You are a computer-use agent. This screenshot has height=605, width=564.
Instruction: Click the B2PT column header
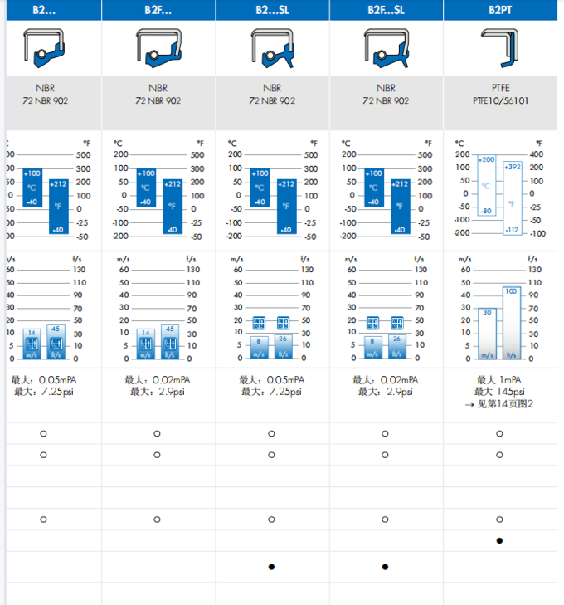pyautogui.click(x=499, y=10)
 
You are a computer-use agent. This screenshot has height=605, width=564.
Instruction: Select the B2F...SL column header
pyautogui.click(x=386, y=10)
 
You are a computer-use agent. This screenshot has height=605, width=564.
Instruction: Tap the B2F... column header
pyautogui.click(x=158, y=10)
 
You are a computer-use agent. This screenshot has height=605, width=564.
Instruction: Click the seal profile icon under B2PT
pyautogui.click(x=500, y=47)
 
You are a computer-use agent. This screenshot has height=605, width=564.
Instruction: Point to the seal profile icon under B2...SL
pyautogui.click(x=272, y=47)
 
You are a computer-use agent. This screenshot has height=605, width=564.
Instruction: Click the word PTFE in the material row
pyautogui.click(x=499, y=87)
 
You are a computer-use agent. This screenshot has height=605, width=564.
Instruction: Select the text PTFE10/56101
pyautogui.click(x=499, y=100)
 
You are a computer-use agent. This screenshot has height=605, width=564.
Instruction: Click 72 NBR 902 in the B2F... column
pyautogui.click(x=158, y=100)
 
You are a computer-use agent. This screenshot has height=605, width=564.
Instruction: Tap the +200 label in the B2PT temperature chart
pyautogui.click(x=487, y=159)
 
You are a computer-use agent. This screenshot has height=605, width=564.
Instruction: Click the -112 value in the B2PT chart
pyautogui.click(x=512, y=230)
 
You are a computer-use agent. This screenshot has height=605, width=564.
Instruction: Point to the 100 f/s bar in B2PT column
pyautogui.click(x=510, y=323)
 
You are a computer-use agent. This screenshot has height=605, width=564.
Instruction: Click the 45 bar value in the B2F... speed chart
pyautogui.click(x=169, y=329)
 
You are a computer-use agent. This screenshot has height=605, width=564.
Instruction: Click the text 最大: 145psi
pyautogui.click(x=499, y=392)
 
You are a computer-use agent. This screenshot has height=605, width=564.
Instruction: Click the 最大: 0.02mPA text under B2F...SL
pyautogui.click(x=386, y=379)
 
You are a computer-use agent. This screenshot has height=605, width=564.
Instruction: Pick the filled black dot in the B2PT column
pyautogui.click(x=499, y=540)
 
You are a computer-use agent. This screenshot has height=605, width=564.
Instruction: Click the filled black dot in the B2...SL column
pyautogui.click(x=271, y=567)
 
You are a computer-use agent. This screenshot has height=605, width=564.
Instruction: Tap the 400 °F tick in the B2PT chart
pyautogui.click(x=537, y=154)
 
